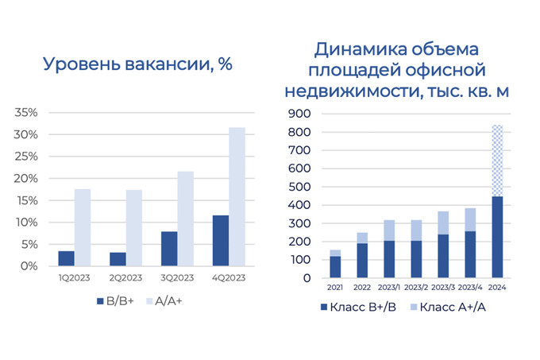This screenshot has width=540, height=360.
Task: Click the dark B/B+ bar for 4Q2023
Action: pos(221,241)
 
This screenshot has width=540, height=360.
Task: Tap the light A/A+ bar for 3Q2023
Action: pos(185,219)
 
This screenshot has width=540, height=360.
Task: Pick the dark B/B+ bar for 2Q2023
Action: pos(118,259)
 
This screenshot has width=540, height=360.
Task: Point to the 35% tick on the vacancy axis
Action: pos(26,113)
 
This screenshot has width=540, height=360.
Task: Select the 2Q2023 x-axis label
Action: pos(125,279)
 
